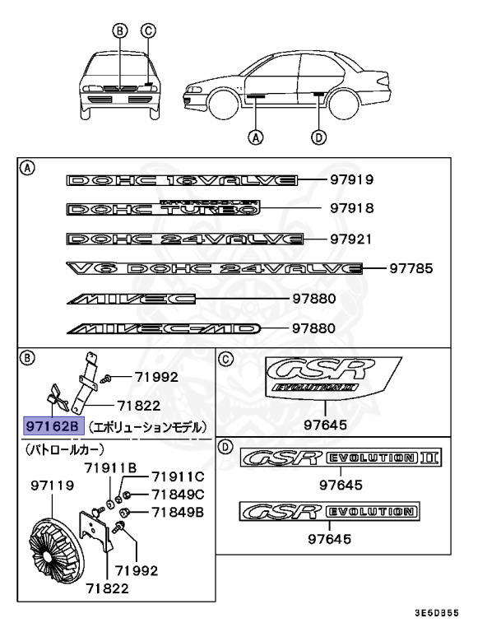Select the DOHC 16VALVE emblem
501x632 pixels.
click(183, 179)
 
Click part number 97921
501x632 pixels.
click(351, 239)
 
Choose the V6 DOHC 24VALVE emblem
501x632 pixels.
click(214, 268)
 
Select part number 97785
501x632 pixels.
click(411, 268)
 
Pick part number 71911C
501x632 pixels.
click(176, 476)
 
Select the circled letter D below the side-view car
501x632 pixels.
click(318, 137)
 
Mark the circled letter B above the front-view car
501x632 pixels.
click(120, 32)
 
